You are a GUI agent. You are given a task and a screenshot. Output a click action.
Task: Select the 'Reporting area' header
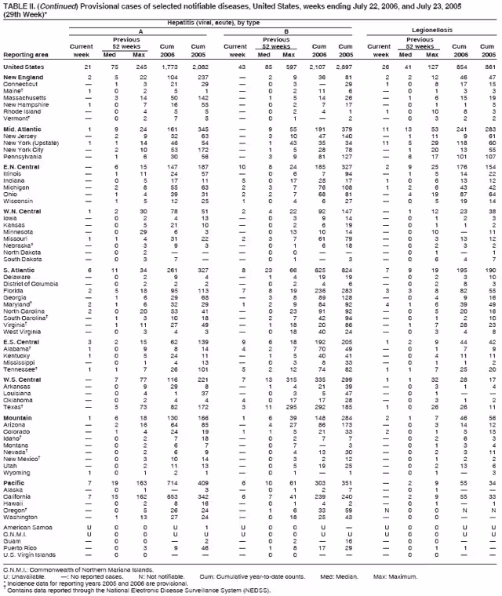pos(26,55)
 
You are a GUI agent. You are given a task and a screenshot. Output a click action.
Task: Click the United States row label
pos(24,67)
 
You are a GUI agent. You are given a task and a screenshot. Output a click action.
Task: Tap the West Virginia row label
pos(24,332)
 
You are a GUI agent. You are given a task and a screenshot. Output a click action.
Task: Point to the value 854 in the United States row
pos(461,67)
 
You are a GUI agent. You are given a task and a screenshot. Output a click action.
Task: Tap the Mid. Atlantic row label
pos(23,127)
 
